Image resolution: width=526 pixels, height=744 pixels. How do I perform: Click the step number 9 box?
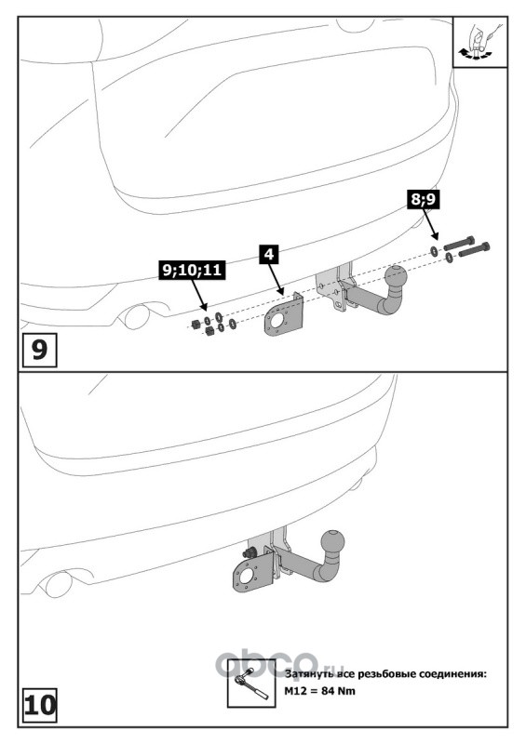coord(39,351)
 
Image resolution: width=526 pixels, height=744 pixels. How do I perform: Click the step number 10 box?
coord(39,706)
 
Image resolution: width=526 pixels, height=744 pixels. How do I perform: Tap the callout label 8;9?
coord(423,199)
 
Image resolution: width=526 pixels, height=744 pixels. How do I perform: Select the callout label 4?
coord(269,254)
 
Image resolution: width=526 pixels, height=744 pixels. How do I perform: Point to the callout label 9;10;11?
coord(192,270)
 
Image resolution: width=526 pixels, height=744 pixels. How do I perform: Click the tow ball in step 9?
coord(396,275)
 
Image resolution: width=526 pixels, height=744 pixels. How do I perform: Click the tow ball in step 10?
coord(332,541)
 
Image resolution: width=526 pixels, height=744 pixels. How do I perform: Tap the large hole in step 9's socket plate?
coord(276,320)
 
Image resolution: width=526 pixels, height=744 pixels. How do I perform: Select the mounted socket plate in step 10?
coord(252,571)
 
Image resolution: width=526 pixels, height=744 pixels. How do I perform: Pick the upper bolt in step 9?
coord(460,244)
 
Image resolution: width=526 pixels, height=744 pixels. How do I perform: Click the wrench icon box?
coord(250,683)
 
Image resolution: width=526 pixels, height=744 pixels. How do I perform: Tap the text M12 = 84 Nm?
coord(319,691)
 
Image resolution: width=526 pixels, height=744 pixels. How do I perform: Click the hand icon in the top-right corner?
coord(480,42)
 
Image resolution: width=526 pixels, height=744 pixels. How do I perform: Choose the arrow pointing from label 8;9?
coord(430,224)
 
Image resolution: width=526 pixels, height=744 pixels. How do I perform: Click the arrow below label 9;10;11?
coord(199,295)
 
